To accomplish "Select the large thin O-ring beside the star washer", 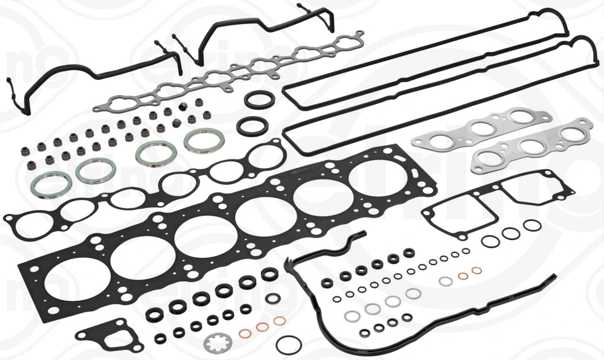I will point(288,345).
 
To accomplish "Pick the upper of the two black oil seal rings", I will point(259,100).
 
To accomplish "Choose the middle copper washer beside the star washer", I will point(262,327).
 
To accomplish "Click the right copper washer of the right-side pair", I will point(477,270).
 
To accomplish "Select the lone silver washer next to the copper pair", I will point(446,281).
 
